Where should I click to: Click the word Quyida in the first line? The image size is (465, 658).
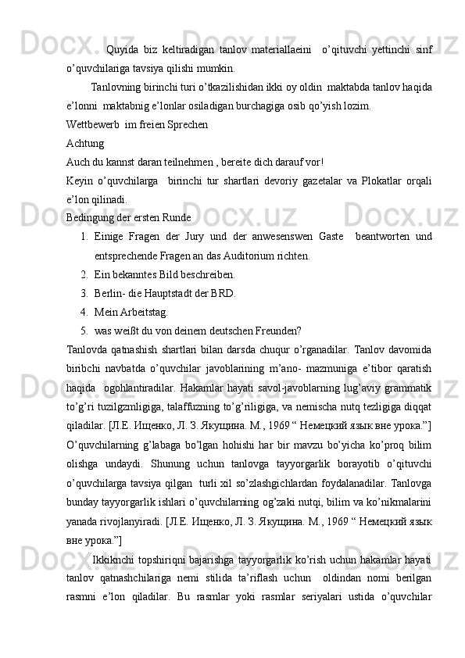[121, 51]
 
